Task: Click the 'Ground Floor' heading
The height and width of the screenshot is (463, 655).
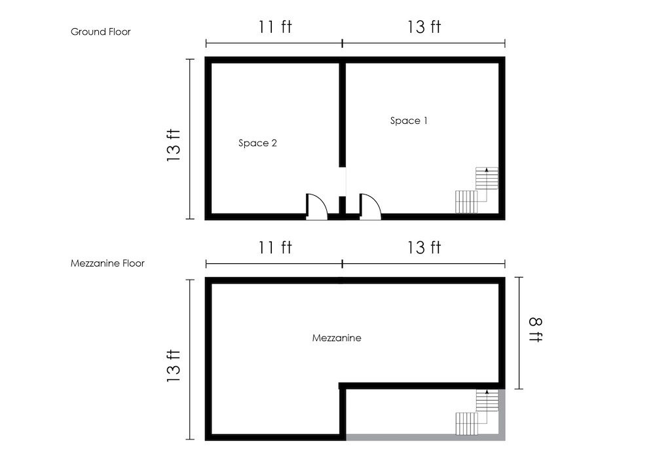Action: (101, 31)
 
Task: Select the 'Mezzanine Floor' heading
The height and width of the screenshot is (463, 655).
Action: (107, 263)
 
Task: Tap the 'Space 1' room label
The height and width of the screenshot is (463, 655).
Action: (409, 120)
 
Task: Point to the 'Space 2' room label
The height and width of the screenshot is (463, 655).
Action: (257, 143)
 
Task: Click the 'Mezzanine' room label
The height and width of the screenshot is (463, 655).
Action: (337, 338)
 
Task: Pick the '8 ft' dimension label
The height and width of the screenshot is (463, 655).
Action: (536, 330)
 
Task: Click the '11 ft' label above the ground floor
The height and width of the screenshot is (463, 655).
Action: (275, 27)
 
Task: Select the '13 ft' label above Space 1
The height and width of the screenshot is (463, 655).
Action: (424, 27)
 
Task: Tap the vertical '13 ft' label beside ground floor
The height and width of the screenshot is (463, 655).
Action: (174, 145)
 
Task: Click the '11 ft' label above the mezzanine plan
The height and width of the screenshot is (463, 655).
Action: (275, 247)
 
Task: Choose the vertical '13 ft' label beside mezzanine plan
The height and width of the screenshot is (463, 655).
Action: (174, 365)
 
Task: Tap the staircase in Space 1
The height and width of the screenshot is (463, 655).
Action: (477, 191)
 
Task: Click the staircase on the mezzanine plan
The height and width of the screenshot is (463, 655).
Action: (477, 413)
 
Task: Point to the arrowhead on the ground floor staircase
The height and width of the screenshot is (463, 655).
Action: (487, 170)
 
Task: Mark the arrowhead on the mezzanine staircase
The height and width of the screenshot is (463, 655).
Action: (487, 392)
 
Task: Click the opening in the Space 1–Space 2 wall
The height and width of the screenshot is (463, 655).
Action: (343, 181)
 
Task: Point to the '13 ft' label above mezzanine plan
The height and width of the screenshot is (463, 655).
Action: (424, 247)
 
